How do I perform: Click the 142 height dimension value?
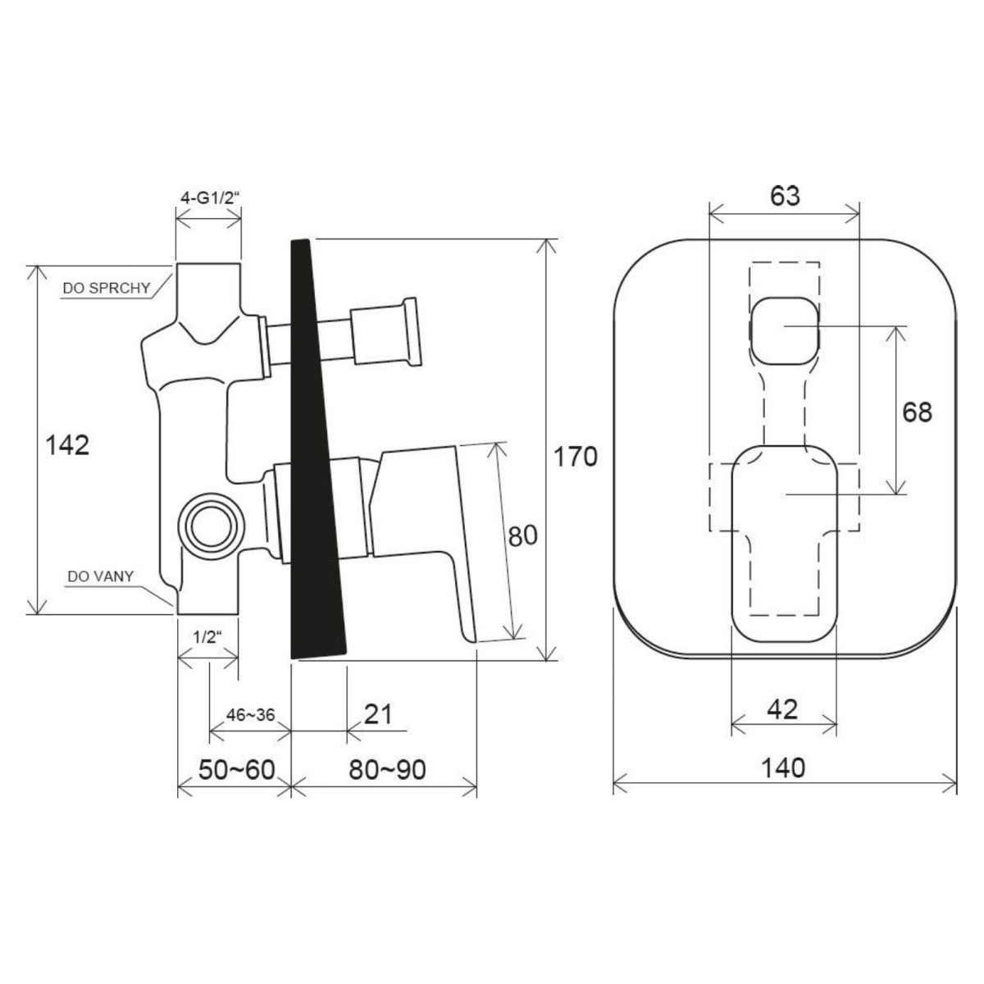[67, 444]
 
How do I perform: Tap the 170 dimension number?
[576, 457]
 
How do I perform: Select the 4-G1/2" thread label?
[210, 198]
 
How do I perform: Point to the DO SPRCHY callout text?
[107, 288]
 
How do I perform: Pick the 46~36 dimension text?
[251, 715]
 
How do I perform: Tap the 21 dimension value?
[378, 714]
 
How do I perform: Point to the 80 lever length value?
[523, 536]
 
